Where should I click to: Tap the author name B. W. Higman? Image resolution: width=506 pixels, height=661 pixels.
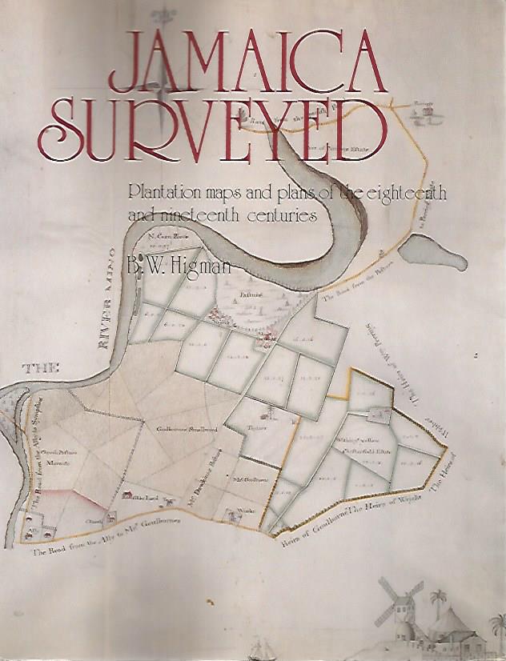179,263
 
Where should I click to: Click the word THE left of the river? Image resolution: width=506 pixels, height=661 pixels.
42,369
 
